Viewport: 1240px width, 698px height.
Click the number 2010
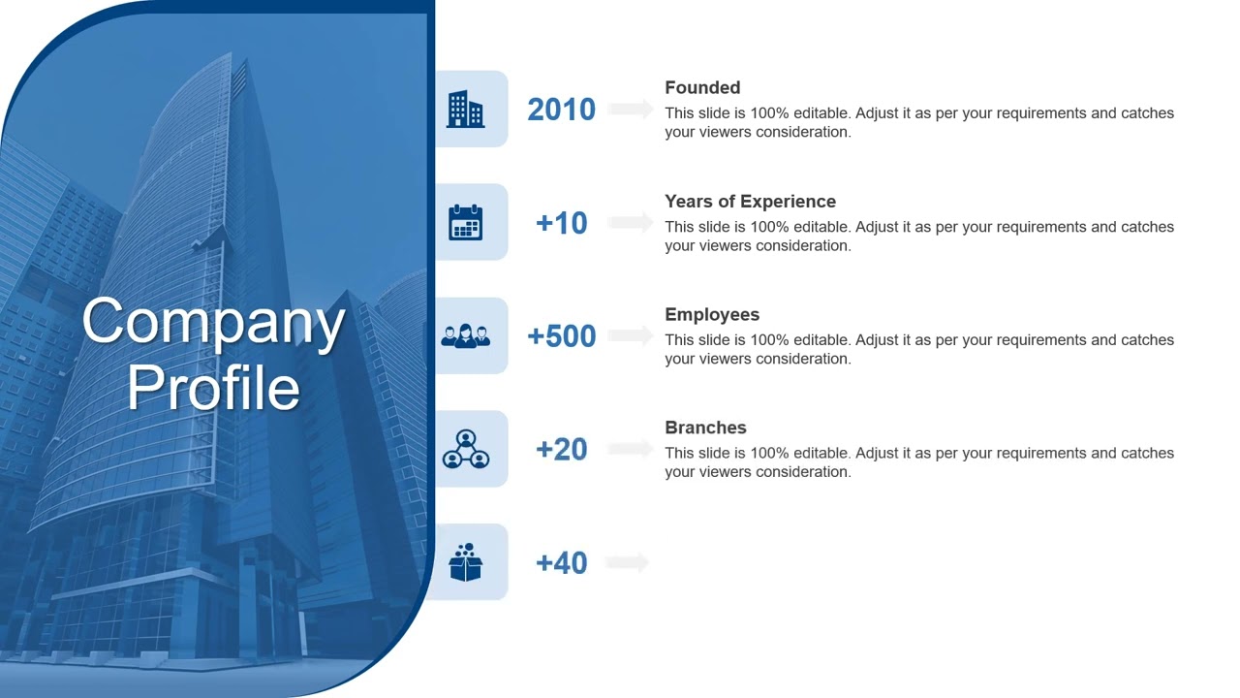[x=561, y=110]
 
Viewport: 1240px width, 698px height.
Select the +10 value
[x=561, y=223]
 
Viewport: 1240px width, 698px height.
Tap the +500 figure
[x=561, y=336]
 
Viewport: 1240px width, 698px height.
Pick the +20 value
[x=561, y=449]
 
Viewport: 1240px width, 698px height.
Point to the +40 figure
[x=561, y=562]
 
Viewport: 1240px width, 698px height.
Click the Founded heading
[x=702, y=87]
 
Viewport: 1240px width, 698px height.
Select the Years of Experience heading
[x=750, y=202]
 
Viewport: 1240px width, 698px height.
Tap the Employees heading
[x=712, y=314]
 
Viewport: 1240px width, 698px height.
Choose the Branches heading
[x=705, y=428]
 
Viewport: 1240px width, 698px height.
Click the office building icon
[x=466, y=110]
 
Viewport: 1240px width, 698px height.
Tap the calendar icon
[x=466, y=222]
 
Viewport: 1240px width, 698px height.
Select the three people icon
[x=466, y=335]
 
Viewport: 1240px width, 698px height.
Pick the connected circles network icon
[x=466, y=449]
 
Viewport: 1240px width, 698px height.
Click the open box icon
[x=466, y=562]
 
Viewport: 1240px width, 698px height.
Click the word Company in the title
[x=213, y=322]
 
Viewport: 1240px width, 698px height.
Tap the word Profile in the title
[x=213, y=388]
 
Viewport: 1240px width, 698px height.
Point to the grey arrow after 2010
[x=631, y=110]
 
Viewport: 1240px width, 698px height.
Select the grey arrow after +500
[x=631, y=336]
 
